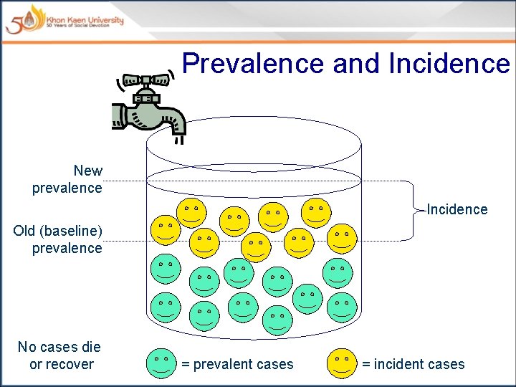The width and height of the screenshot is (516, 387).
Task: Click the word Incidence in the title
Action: click(449, 63)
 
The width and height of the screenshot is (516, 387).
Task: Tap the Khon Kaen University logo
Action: click(64, 19)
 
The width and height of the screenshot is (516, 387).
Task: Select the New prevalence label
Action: click(67, 179)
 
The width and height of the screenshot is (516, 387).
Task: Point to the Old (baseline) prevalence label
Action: click(58, 239)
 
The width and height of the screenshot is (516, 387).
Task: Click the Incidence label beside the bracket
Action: click(457, 209)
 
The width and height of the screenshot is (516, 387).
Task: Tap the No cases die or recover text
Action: click(59, 355)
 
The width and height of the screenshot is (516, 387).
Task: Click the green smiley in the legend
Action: click(162, 364)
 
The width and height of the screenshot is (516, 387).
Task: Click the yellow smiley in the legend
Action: click(343, 364)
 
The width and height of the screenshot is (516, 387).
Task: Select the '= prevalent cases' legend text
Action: click(237, 364)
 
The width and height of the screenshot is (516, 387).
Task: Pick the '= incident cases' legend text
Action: click(414, 364)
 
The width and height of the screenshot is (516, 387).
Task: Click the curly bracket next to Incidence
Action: click(416, 209)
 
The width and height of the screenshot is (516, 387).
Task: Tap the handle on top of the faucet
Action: click(147, 80)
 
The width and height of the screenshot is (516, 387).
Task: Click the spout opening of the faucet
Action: click(178, 131)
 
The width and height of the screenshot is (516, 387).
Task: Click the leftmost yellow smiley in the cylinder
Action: click(165, 229)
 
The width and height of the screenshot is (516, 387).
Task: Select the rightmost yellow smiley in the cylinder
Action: click(342, 239)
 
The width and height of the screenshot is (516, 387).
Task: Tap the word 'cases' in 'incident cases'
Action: click(445, 364)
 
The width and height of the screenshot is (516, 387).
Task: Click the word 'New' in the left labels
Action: click(87, 171)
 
